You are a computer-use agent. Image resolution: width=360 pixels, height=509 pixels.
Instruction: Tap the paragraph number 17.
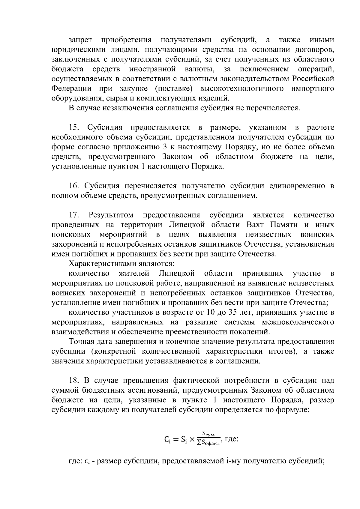[74, 215]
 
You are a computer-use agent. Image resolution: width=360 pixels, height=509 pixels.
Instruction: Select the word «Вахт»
[255, 225]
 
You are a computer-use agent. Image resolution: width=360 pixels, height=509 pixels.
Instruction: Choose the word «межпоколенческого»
[298, 322]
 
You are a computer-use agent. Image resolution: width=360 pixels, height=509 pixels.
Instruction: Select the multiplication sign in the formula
[192, 440]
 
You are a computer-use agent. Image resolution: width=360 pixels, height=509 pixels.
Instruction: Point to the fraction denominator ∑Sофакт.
[208, 444]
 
